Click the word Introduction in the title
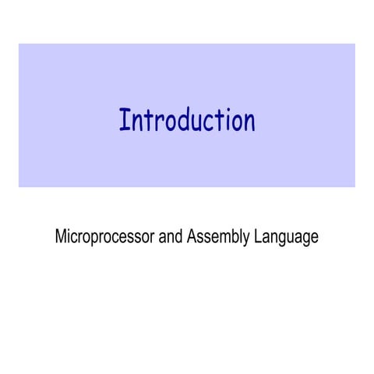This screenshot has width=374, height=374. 187,121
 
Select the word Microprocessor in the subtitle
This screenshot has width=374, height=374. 104,237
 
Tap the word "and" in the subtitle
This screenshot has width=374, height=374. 171,237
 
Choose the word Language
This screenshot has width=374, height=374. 287,237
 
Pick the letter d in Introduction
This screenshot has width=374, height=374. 186,121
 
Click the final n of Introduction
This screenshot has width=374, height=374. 249,122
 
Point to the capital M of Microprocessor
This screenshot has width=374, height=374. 61,237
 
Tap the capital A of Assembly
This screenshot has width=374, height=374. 192,237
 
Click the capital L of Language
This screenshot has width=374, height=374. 259,237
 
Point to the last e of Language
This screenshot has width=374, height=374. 314,238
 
